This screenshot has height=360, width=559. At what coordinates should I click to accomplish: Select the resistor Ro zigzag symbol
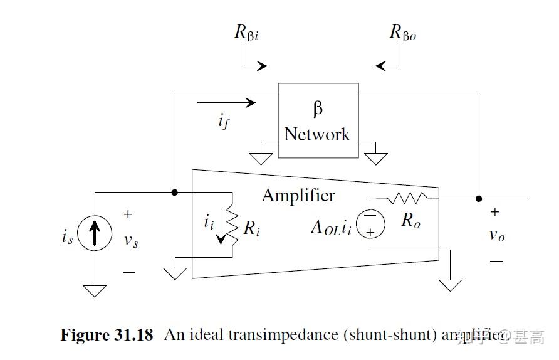pyautogui.click(x=407, y=198)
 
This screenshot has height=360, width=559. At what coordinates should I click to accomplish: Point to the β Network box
pyautogui.click(x=318, y=120)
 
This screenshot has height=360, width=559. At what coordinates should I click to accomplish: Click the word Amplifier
pyautogui.click(x=298, y=196)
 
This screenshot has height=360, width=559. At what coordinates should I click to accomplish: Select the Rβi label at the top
pyautogui.click(x=246, y=33)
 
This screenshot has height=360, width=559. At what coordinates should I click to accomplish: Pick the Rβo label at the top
pyautogui.click(x=402, y=33)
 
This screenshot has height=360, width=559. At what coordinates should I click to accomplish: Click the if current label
pyautogui.click(x=223, y=122)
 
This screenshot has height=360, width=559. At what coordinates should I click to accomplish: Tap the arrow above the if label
pyautogui.click(x=226, y=103)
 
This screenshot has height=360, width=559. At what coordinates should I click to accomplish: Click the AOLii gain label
pyautogui.click(x=332, y=228)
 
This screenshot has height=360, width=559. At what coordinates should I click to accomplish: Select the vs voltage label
pyautogui.click(x=130, y=241)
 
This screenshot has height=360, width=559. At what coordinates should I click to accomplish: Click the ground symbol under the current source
pyautogui.click(x=95, y=291)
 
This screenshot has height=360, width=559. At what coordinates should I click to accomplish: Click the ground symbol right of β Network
pyautogui.click(x=375, y=158)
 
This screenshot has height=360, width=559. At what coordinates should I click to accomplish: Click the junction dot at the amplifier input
pyautogui.click(x=175, y=192)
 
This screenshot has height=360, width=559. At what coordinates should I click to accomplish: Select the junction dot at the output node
pyautogui.click(x=479, y=198)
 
